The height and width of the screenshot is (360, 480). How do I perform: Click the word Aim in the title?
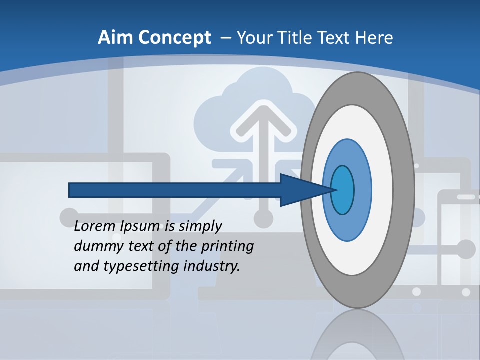tap(115, 38)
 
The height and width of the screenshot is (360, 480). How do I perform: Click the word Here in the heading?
tap(375, 38)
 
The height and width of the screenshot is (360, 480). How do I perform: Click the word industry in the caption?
tap(212, 266)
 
